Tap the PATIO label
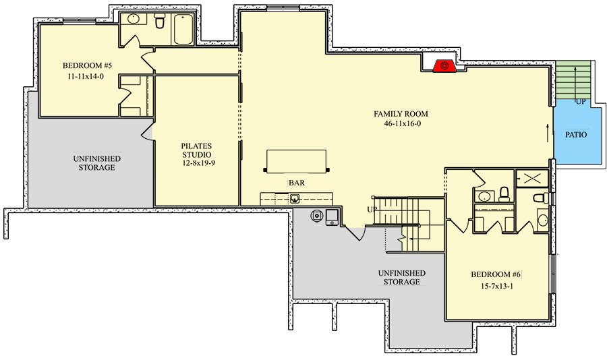[575, 135]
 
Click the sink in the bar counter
[295, 198]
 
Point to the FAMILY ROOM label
[401, 114]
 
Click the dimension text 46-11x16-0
[401, 124]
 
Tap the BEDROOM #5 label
[88, 66]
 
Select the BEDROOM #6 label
[495, 274]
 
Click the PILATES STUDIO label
[196, 150]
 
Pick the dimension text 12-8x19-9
[196, 163]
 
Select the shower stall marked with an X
[532, 179]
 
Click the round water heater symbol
[316, 216]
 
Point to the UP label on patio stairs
[580, 102]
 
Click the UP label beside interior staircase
[372, 209]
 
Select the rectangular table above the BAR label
[297, 161]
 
